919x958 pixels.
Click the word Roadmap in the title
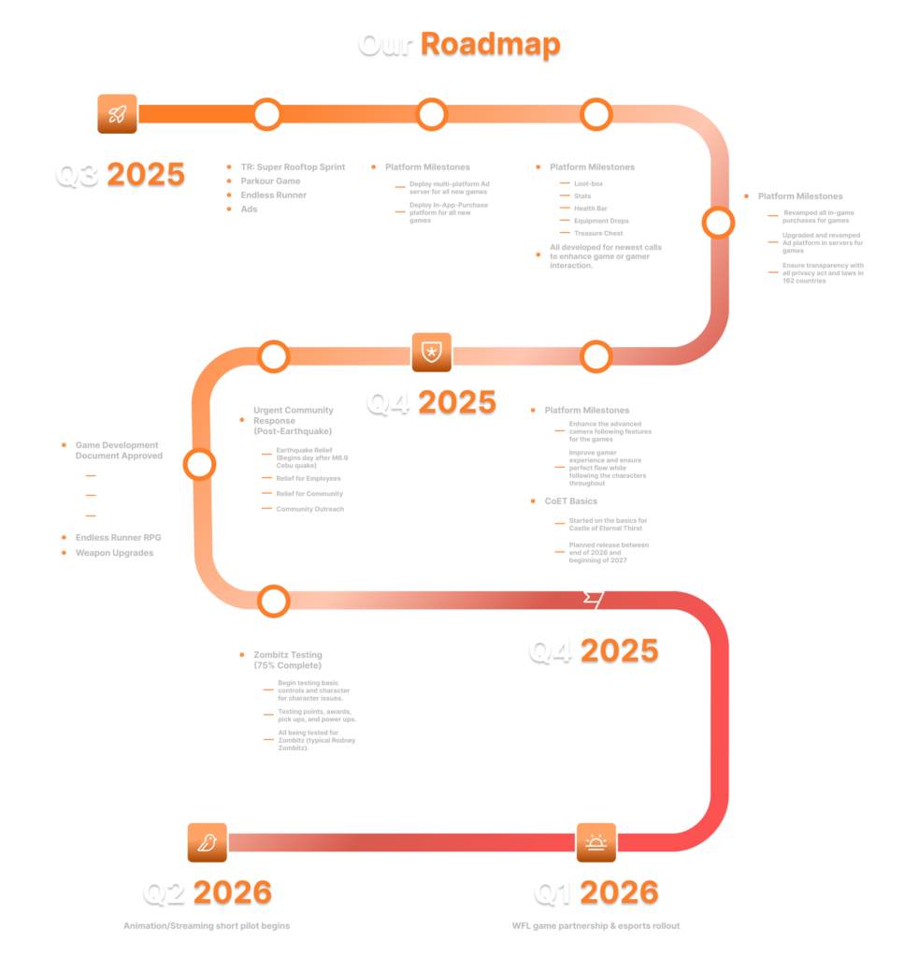490,43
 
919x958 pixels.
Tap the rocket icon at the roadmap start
117,114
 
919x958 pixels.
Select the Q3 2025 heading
120,174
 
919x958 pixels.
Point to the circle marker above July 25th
266,114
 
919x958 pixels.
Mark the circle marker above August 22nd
596,114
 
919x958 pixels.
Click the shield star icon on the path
431,353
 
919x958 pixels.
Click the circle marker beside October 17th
199,464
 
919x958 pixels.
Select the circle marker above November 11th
273,600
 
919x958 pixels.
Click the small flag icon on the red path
593,600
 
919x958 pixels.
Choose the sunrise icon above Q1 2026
596,843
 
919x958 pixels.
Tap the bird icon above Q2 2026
207,843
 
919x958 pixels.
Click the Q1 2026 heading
596,892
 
